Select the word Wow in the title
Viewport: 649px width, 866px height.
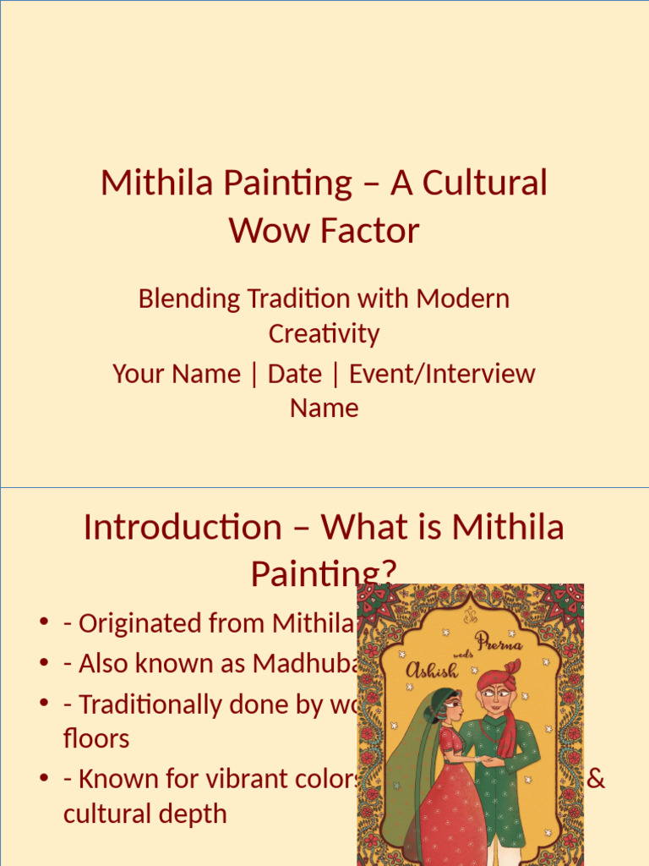262,231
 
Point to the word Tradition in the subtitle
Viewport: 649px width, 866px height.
298,299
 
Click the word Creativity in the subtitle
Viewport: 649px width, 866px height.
324,333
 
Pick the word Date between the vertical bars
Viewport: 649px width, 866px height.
294,374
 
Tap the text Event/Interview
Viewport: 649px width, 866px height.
442,374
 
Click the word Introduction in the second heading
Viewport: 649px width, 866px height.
182,528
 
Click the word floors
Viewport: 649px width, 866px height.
96,738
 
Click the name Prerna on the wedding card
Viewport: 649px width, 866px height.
499,643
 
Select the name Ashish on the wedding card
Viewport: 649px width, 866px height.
432,671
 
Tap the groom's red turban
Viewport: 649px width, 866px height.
499,679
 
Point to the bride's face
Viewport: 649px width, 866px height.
452,709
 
